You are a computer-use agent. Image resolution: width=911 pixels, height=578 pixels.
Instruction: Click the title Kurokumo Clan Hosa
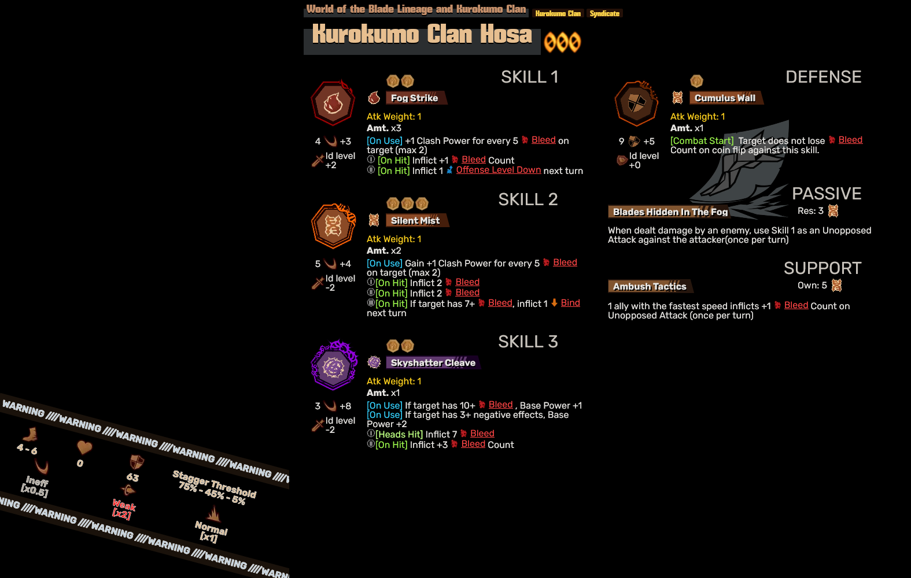click(x=422, y=35)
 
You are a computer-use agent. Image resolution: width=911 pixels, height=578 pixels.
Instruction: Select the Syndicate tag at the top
click(x=604, y=13)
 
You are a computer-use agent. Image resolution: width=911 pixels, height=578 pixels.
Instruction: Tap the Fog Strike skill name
click(x=414, y=98)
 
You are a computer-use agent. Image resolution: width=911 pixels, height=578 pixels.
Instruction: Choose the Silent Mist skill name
click(x=415, y=221)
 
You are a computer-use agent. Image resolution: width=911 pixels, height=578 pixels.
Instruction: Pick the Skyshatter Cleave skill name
click(x=433, y=363)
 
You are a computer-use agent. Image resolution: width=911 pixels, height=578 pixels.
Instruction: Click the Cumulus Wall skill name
click(x=725, y=98)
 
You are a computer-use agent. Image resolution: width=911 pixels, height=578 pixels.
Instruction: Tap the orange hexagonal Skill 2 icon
click(x=333, y=226)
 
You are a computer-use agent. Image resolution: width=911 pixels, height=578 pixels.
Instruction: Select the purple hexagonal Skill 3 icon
click(x=334, y=366)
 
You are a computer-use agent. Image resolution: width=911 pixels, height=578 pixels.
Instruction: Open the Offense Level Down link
click(x=498, y=170)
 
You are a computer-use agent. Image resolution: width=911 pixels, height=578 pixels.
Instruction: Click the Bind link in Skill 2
click(x=570, y=303)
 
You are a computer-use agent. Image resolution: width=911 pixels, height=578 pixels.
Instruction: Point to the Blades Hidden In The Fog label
click(x=670, y=212)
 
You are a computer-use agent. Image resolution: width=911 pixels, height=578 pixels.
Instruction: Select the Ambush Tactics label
click(x=650, y=287)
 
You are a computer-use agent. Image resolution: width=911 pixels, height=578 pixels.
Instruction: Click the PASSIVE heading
click(x=826, y=194)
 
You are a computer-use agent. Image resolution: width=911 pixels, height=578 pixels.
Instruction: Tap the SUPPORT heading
click(x=822, y=268)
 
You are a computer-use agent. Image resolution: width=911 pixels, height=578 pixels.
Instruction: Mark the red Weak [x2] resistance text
click(x=123, y=509)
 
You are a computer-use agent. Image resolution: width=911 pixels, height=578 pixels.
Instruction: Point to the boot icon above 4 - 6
click(x=29, y=434)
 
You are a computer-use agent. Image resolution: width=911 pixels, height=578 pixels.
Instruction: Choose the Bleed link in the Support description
click(x=796, y=305)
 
